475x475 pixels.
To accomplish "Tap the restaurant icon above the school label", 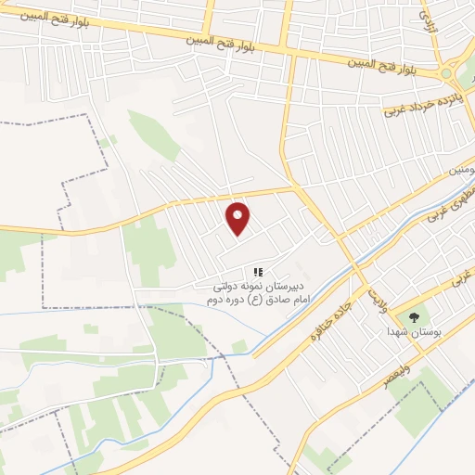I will (259, 273).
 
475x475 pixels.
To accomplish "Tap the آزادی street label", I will (427, 17).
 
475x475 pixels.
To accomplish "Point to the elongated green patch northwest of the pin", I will (153, 135).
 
